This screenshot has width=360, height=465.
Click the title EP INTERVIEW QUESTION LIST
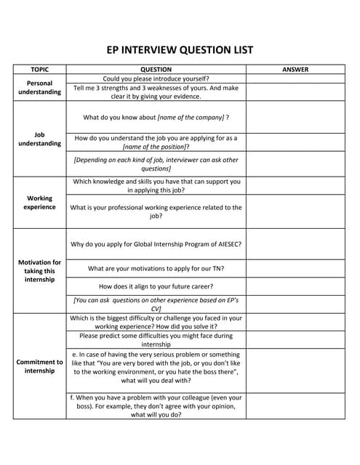pos(180,50)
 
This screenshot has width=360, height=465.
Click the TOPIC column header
pos(40,70)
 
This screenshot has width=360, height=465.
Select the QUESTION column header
pos(156,70)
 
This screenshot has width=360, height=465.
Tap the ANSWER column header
pos(295,70)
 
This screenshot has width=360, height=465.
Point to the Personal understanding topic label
pos(39,87)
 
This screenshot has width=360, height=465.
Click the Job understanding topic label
pos(39,139)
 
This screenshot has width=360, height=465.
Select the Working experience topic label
pos(39,202)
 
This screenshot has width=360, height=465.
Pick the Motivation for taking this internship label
pos(39,270)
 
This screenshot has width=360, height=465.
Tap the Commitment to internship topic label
pos(39,365)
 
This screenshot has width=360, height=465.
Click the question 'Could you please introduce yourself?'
pos(156,78)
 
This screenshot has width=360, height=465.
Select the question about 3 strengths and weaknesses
pos(156,92)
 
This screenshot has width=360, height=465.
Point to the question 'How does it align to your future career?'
pos(156,286)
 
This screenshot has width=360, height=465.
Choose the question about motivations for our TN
pos(156,268)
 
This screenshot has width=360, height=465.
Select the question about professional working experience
pos(156,211)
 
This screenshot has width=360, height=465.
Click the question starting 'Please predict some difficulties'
pos(156,340)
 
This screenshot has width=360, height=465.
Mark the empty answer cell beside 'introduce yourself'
pos(295,78)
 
